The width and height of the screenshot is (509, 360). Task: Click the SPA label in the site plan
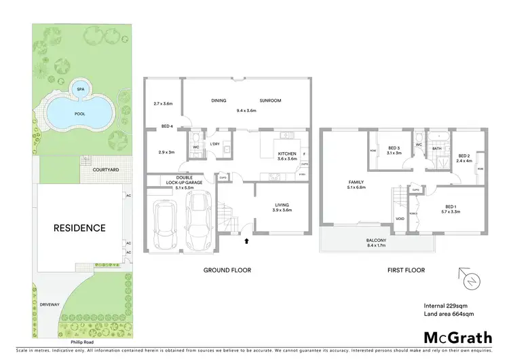81,89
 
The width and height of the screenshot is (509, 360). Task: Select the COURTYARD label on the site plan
100,170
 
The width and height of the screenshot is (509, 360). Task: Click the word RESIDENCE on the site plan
80,228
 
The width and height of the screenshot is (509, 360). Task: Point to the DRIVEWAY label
50,304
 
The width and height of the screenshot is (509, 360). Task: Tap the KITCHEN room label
288,154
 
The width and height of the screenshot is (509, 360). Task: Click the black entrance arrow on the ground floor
246,240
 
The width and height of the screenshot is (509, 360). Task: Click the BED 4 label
167,126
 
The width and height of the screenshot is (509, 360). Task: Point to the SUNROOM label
271,101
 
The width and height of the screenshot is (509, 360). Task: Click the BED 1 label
451,206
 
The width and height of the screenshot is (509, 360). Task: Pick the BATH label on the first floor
437,148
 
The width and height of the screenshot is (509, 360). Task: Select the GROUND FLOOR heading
227,270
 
